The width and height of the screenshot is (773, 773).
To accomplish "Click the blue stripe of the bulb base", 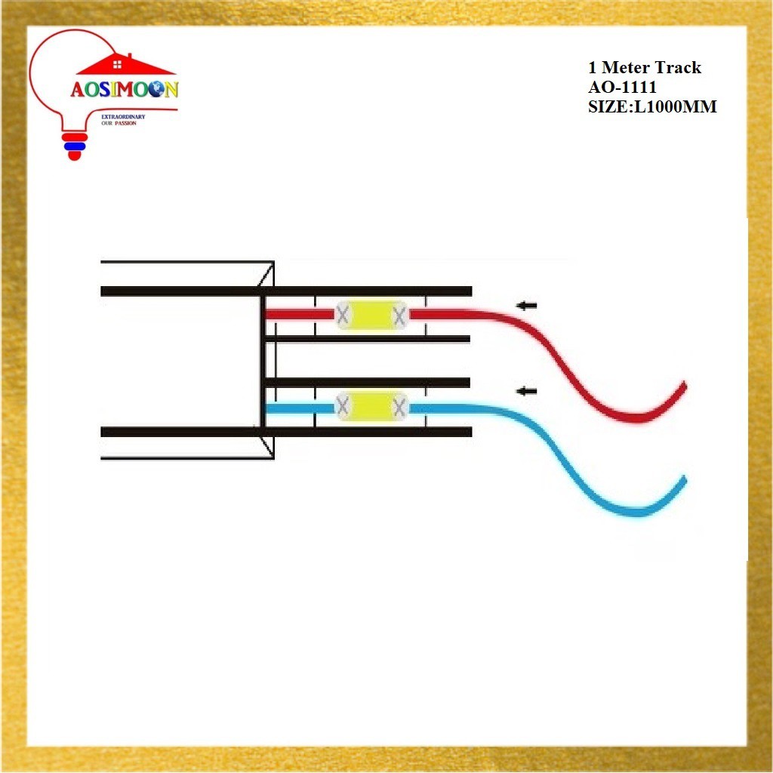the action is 74,146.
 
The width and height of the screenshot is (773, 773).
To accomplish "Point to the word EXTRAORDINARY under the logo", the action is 123,118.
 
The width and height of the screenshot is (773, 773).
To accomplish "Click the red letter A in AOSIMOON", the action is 78,91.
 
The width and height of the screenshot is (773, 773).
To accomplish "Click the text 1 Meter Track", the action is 644,68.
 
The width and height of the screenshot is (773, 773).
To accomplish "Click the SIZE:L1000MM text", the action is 651,106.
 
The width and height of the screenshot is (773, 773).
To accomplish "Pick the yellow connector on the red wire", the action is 371,316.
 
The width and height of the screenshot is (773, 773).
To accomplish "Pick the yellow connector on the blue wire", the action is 371,408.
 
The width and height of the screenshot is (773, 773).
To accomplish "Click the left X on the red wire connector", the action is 342,316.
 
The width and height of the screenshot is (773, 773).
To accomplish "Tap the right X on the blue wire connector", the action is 399,408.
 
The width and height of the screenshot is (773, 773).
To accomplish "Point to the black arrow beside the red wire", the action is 526,306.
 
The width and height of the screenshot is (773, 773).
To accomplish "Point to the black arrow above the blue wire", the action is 526,391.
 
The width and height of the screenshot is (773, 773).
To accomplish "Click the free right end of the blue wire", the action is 684,479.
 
